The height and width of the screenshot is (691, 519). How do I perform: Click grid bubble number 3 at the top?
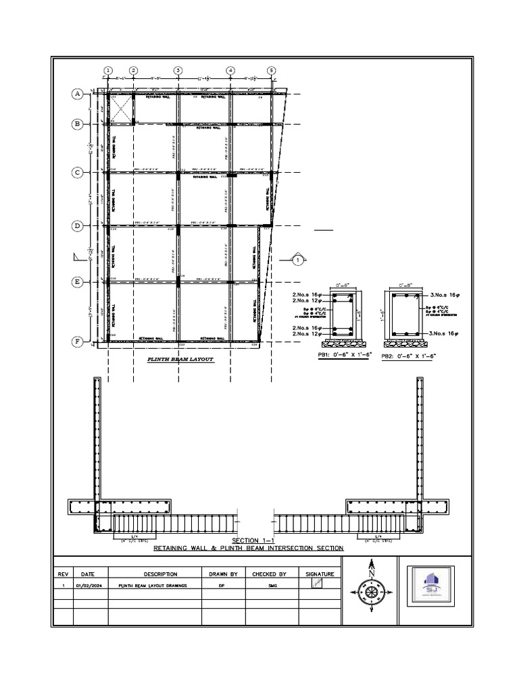click(x=178, y=70)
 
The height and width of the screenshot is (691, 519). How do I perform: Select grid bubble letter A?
click(x=78, y=94)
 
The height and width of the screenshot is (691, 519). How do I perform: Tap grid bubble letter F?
click(x=78, y=342)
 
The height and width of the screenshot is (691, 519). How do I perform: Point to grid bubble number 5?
click(x=271, y=70)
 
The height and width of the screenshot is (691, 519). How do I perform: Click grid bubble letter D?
click(x=78, y=226)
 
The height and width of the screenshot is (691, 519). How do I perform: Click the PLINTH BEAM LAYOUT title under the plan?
click(x=180, y=360)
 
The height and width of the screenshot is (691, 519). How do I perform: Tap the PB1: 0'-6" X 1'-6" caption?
click(x=344, y=355)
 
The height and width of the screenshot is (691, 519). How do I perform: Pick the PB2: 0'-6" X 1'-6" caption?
click(x=407, y=355)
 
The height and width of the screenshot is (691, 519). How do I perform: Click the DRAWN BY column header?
click(x=222, y=574)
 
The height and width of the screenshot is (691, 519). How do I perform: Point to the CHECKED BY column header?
click(x=269, y=574)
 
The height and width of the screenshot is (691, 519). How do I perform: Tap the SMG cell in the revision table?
click(x=269, y=586)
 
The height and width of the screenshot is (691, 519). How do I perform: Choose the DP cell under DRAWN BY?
click(x=222, y=586)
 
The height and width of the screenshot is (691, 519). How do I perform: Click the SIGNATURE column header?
click(x=320, y=574)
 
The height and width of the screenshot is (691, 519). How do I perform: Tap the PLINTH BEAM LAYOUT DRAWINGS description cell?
click(x=153, y=586)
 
